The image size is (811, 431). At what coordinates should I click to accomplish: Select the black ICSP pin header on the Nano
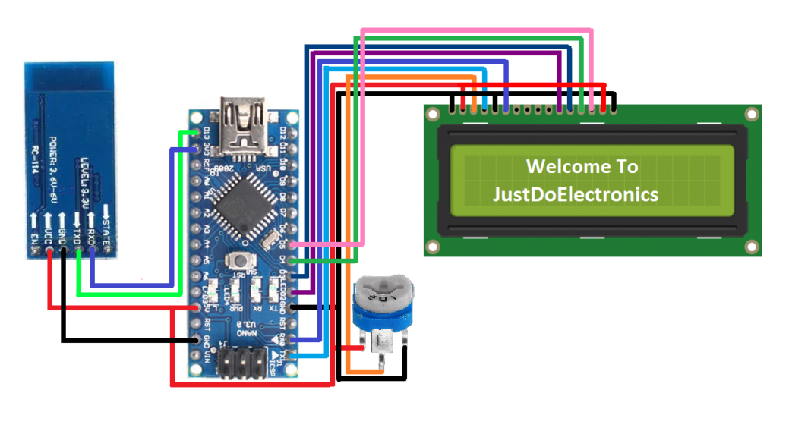242,364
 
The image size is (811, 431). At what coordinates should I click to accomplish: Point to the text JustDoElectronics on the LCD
575,194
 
